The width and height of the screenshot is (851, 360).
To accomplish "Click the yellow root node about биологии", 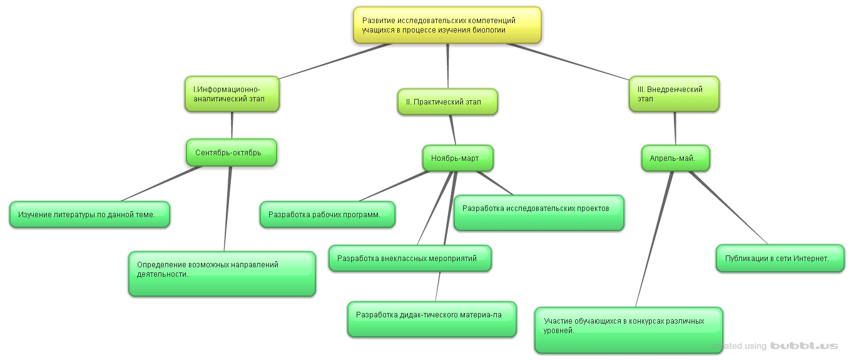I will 447,25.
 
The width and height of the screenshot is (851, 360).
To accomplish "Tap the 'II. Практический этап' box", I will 447,102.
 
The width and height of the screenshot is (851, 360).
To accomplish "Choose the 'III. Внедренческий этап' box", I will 674,94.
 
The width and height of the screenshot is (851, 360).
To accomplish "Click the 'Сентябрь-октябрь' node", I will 232,153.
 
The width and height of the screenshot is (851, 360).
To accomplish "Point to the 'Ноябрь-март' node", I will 457,158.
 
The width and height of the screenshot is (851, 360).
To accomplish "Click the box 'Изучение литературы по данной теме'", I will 89,215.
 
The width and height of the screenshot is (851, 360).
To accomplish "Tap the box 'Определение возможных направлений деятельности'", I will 222,274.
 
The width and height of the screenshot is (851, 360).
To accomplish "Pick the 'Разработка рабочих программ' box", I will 327,215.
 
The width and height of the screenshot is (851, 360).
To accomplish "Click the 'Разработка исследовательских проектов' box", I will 538,212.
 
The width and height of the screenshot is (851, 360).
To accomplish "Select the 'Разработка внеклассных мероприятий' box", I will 410,258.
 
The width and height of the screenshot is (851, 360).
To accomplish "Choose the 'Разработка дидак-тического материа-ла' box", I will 432,319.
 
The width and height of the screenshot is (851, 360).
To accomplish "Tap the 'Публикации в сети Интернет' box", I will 780,258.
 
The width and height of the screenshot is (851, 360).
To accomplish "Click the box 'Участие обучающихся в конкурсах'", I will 628,329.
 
